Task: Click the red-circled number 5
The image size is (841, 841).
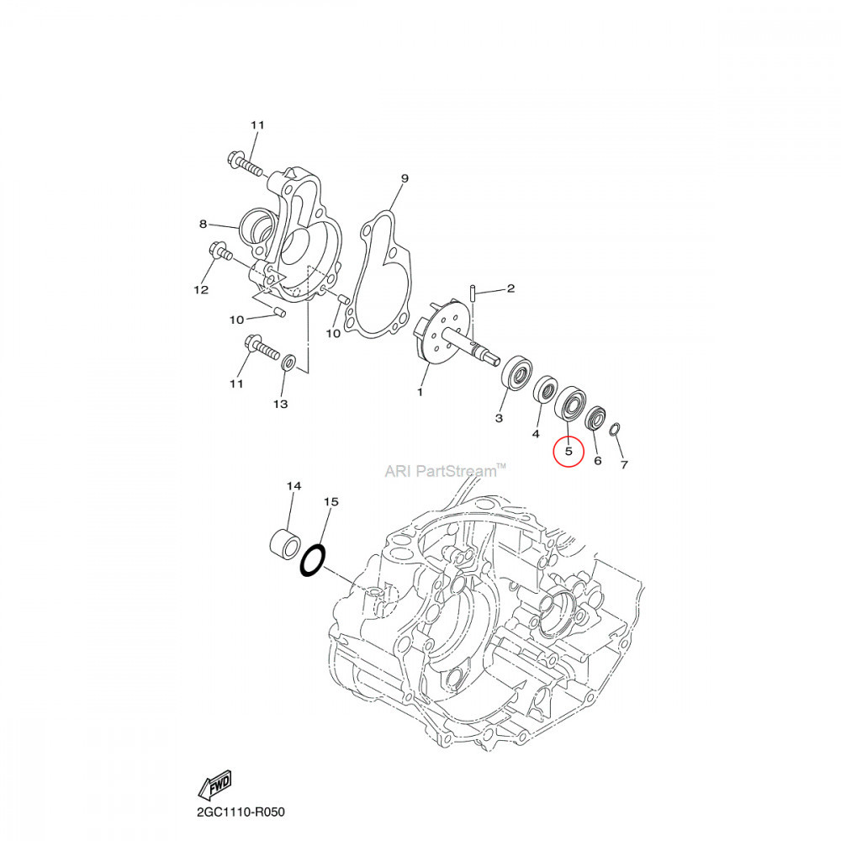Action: pyautogui.click(x=568, y=452)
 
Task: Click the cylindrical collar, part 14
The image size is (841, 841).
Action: pyautogui.click(x=285, y=542)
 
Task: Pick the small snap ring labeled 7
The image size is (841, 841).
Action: pyautogui.click(x=613, y=431)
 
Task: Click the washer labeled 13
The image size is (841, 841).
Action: pyautogui.click(x=288, y=362)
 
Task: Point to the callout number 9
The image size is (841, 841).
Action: pyautogui.click(x=404, y=178)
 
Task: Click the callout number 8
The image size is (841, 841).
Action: pyautogui.click(x=203, y=224)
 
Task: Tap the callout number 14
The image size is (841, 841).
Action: pyautogui.click(x=294, y=486)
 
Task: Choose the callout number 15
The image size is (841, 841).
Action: pyautogui.click(x=331, y=501)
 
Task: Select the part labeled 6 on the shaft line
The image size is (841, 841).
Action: pyautogui.click(x=595, y=417)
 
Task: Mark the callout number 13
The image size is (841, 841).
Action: pyautogui.click(x=280, y=405)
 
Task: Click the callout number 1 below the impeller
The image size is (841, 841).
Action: pyautogui.click(x=420, y=392)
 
